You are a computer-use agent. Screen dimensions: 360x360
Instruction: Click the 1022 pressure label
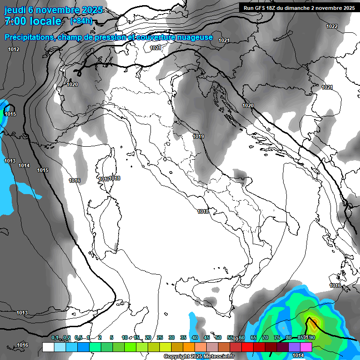[331, 26]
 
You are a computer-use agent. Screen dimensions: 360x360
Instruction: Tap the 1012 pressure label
[14, 49]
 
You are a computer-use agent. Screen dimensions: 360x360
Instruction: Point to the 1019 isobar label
[198, 136]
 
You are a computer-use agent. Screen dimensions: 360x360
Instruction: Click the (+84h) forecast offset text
[81, 21]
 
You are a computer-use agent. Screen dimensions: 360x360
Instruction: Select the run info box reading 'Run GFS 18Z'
[299, 7]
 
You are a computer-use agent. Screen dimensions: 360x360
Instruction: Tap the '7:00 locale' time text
[33, 21]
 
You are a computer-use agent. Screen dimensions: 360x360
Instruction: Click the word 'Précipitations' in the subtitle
[29, 37]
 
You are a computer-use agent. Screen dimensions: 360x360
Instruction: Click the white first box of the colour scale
[48, 347]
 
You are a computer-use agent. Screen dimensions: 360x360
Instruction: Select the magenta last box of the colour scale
[306, 347]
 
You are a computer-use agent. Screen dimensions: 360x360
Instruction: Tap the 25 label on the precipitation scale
[159, 337]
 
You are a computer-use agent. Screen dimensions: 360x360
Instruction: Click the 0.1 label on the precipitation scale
[55, 337]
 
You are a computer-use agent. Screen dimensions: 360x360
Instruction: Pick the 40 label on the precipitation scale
[195, 337]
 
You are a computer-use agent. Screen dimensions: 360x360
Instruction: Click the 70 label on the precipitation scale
[265, 337]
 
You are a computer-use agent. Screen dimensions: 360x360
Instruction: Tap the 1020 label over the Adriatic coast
[247, 105]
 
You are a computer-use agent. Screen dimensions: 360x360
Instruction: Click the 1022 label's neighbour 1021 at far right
[327, 87]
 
